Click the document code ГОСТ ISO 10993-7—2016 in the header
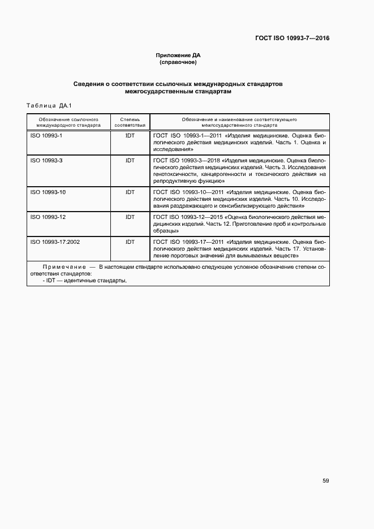293,38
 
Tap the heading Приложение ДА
178,55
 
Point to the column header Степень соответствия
130,122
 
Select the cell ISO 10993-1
46,136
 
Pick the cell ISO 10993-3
46,161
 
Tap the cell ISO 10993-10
48,192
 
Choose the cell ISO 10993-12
48,217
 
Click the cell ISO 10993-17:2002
55,242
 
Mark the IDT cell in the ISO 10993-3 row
130,161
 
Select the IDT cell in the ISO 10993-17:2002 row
130,242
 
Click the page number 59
325,481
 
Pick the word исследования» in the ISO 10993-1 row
173,150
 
